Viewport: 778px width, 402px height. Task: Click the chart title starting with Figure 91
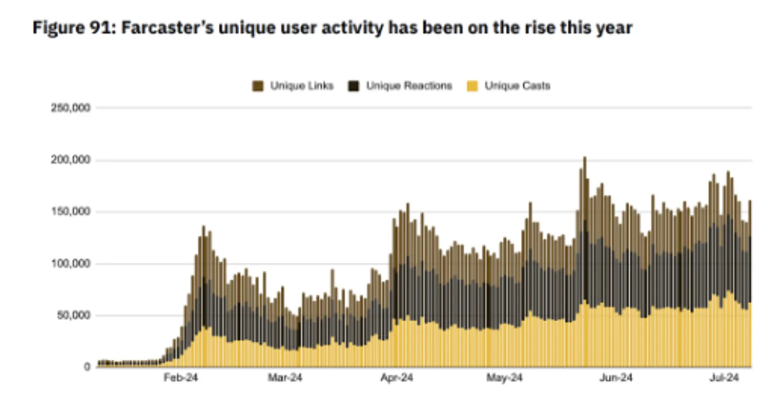click(333, 28)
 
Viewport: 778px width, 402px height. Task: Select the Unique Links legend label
click(301, 86)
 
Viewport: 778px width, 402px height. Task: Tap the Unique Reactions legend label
click(409, 86)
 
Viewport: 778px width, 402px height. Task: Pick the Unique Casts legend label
click(517, 86)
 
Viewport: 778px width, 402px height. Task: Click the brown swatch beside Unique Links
click(258, 86)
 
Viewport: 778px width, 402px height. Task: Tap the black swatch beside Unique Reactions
click(354, 86)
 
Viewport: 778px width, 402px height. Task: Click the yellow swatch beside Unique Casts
click(472, 86)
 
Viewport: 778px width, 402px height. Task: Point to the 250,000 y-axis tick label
click(71, 108)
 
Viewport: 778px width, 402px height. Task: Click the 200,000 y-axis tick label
click(71, 160)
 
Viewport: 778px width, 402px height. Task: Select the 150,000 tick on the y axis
click(71, 211)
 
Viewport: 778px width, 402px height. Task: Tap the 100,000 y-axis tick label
click(71, 263)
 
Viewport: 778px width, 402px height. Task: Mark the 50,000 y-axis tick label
click(73, 315)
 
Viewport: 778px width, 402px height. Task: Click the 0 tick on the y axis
click(87, 366)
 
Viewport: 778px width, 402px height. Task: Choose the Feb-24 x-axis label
click(180, 378)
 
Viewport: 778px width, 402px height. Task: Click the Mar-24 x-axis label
click(285, 378)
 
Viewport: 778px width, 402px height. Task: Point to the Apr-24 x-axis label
click(397, 378)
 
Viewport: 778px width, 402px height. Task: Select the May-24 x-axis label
click(504, 378)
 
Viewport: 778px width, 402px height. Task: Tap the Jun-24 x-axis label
click(616, 378)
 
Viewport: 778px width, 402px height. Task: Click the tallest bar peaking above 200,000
click(585, 261)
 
